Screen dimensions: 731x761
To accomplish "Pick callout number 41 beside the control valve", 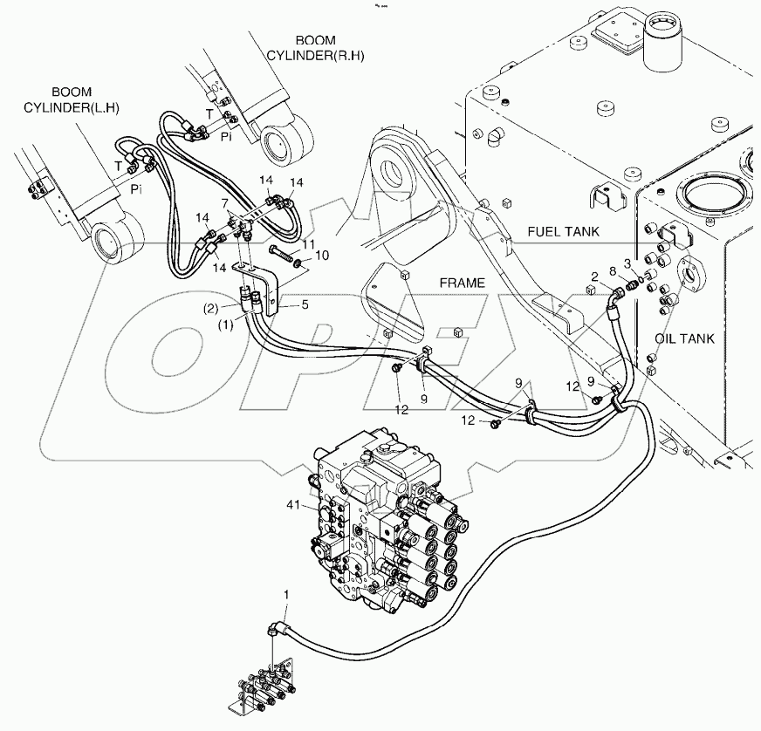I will (294, 504).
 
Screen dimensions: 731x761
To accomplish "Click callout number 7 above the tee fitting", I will (226, 202).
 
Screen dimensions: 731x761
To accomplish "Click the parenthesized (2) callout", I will (212, 308).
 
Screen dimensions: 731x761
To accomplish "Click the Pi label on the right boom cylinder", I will (225, 137).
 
